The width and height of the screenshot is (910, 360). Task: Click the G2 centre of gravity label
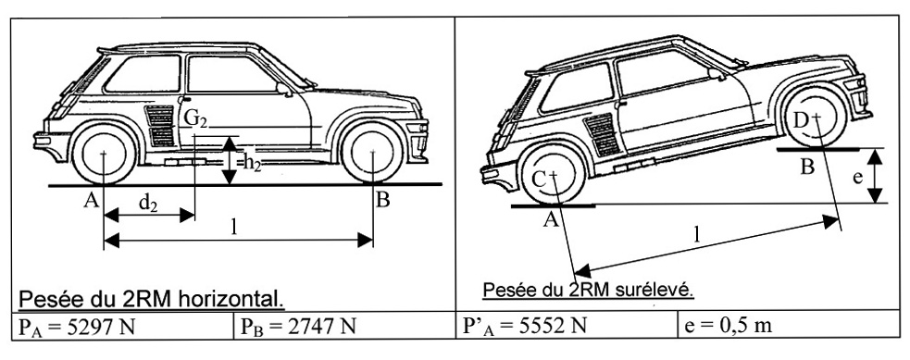[195, 118]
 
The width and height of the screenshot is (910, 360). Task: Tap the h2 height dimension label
[253, 164]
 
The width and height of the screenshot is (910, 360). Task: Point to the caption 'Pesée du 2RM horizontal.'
[152, 299]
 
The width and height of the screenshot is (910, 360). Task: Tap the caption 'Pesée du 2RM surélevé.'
[589, 290]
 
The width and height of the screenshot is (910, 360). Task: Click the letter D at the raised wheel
[801, 120]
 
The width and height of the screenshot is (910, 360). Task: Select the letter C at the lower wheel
[539, 180]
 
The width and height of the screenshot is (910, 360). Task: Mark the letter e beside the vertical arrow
[858, 178]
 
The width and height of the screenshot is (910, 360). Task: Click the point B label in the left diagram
[382, 201]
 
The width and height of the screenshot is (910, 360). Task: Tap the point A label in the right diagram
[551, 219]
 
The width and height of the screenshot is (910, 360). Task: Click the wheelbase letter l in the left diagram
[234, 228]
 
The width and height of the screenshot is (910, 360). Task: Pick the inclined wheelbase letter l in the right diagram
[696, 233]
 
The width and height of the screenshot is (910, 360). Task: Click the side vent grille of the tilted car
[602, 134]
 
